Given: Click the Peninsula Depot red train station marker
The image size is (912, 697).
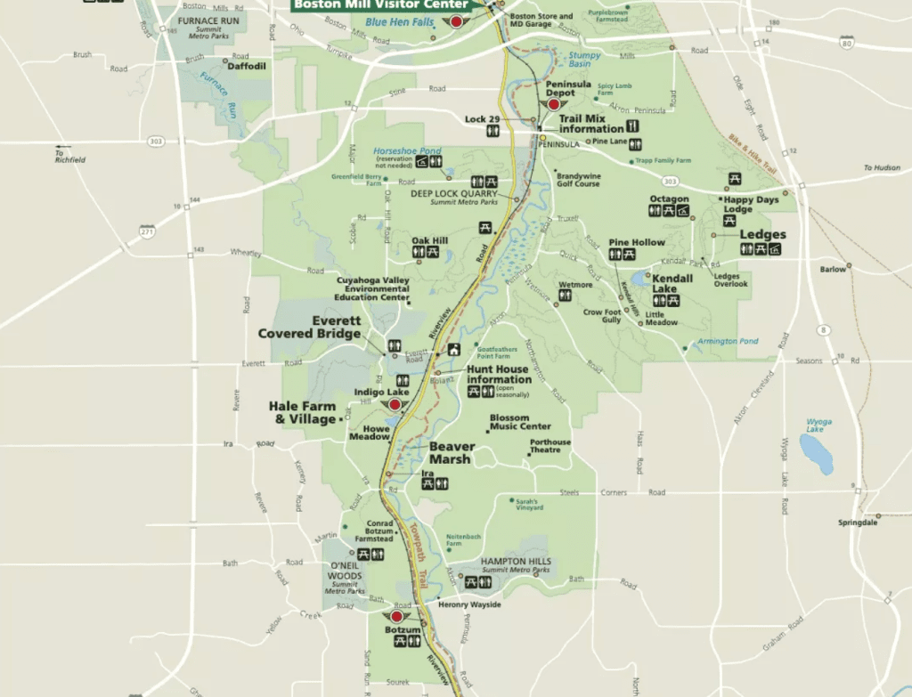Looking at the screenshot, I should coord(554,104).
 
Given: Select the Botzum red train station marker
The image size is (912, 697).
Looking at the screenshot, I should coord(397,616).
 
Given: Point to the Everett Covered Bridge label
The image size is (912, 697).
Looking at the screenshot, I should coord(310,327).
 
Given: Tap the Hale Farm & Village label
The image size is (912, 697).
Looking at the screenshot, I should coord(303,412).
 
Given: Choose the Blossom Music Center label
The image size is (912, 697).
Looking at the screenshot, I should coord(520,422).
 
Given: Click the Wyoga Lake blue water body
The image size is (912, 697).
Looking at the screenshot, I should coord(815,453).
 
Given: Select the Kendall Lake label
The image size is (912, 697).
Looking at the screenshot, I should coord(672,283).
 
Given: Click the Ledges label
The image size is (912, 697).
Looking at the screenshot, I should coord(763,235).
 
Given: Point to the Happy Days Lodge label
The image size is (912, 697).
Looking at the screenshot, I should coord(751,205).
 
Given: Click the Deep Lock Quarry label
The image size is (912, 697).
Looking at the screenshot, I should coord(454,193).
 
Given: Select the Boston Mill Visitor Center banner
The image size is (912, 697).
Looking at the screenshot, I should coord(380,4).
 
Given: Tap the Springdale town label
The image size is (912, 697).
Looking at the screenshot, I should coord(858,523).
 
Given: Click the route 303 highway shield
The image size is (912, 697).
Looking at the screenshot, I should coord(157,142).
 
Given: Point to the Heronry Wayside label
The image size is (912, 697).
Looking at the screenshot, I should coord(469,605).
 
